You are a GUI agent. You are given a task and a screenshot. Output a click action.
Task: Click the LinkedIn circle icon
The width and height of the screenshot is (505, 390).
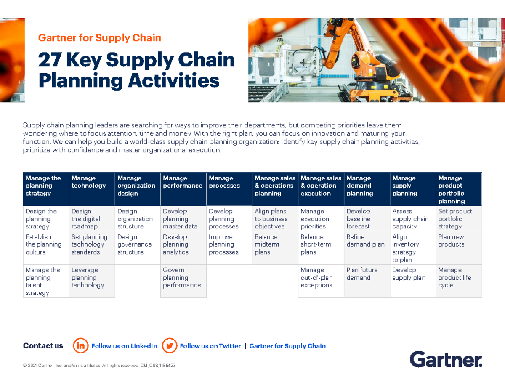click(x=81, y=346)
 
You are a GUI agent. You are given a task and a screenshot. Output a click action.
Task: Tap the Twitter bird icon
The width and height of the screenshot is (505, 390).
click(x=170, y=346)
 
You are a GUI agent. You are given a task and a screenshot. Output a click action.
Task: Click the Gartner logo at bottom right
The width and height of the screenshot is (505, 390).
click(x=446, y=359)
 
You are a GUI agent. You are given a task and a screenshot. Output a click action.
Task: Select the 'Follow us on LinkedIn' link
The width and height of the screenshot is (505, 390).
click(x=124, y=346)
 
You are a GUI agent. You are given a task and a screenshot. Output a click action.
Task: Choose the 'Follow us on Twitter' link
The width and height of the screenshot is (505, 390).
click(x=210, y=346)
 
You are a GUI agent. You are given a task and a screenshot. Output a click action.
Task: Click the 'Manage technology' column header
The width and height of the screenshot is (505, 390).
click(x=92, y=189)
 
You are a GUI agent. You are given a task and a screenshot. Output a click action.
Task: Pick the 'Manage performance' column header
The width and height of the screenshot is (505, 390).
click(x=183, y=189)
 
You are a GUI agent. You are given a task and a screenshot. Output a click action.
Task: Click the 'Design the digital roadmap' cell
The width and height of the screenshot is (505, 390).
click(x=92, y=219)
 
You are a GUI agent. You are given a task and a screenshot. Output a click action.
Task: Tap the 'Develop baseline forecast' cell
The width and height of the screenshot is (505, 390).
click(x=367, y=219)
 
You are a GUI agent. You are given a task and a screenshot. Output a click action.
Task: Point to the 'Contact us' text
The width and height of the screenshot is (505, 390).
click(x=43, y=346)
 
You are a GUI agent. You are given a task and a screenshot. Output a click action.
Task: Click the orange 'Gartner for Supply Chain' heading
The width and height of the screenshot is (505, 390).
click(x=100, y=38)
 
